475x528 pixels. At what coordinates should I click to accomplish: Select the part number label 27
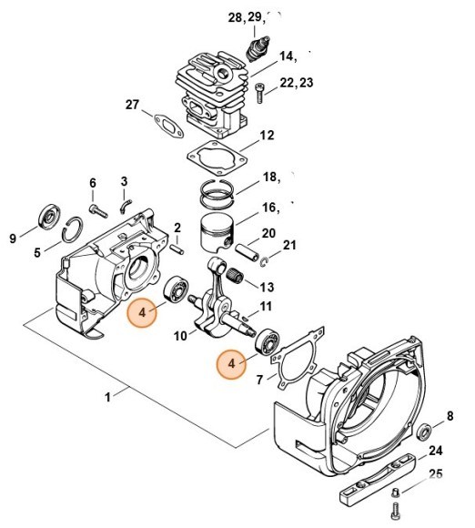point(133,105)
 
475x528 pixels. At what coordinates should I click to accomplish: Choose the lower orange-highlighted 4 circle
point(234,364)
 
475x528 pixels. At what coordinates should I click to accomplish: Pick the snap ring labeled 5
point(70,239)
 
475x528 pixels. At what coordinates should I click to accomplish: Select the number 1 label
point(108,397)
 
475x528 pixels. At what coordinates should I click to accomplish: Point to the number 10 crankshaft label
point(179,337)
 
